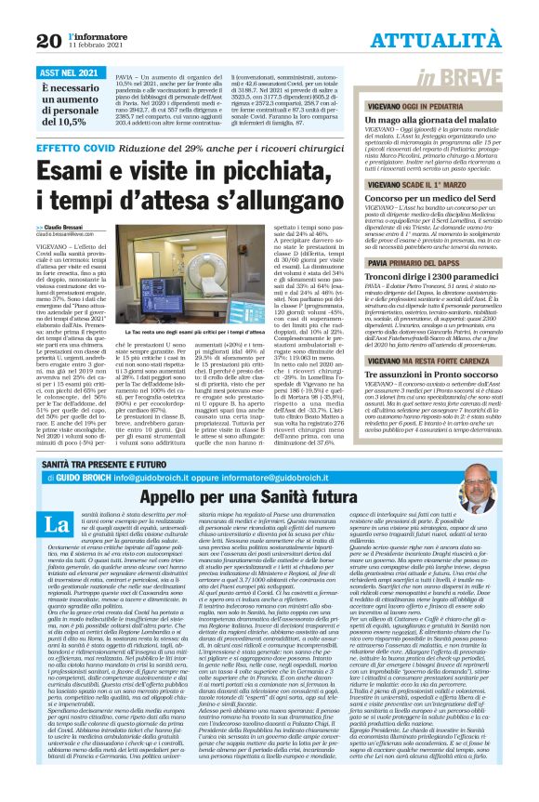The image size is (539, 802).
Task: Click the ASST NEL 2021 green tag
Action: [70, 71]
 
